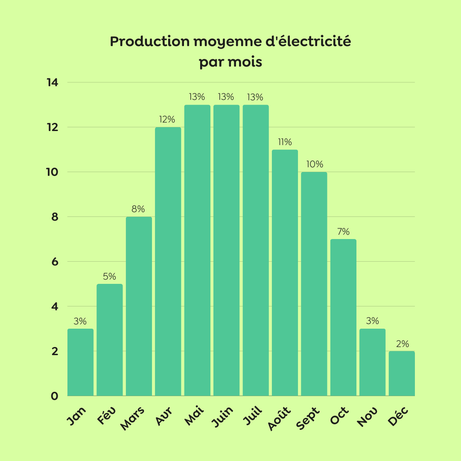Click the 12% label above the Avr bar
pos(168,119)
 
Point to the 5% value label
pos(109,276)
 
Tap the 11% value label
pos(285,142)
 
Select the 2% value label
pos(402,344)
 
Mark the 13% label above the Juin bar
pos(226,97)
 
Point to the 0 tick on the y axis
pos(54,396)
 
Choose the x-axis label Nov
pos(367,417)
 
